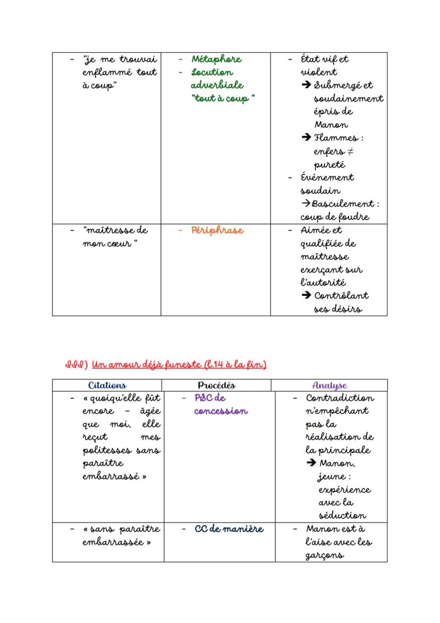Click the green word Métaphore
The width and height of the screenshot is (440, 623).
coord(216,59)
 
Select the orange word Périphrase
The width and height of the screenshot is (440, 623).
coord(217,230)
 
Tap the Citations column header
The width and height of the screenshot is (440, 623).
coord(107,385)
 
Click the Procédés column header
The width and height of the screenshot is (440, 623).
coord(216,385)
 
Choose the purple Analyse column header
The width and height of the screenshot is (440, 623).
coord(329,385)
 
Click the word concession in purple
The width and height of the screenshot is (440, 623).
coord(221,411)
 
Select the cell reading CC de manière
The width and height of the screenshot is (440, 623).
coord(229,529)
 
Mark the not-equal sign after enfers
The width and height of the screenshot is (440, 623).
coord(350,152)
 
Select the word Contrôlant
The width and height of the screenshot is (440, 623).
coord(341,296)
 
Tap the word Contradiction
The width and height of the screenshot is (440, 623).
coord(340,398)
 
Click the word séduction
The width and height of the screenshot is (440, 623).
coord(342,516)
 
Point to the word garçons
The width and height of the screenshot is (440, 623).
coord(324,555)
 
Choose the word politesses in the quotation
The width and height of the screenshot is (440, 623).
coord(107,450)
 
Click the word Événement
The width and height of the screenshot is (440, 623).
coord(327,177)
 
